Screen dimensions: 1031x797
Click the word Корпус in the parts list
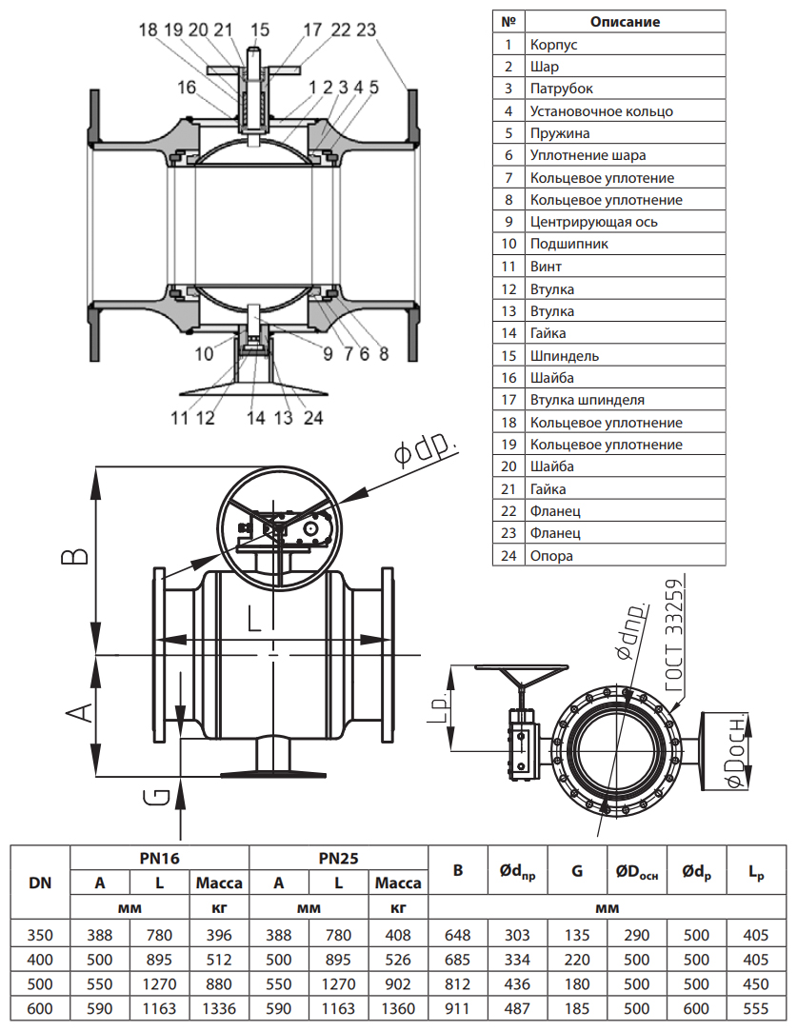coord(553,44)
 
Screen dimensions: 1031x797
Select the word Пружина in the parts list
coord(560,133)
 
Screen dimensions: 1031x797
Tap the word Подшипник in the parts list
coord(569,244)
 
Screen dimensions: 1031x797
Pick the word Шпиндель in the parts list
coord(565,355)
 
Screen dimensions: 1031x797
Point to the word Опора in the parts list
coord(551,555)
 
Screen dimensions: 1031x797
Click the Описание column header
coord(625,21)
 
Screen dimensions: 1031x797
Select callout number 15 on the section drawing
coord(260,30)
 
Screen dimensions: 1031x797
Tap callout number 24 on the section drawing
coord(313,417)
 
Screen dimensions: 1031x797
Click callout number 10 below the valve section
coord(204,354)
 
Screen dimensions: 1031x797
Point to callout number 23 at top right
coord(366,30)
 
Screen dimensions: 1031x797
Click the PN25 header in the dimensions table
coord(338,858)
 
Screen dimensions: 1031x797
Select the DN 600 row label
coord(40,1007)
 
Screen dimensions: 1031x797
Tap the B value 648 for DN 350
coord(458,935)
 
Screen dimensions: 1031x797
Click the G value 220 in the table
coord(577,959)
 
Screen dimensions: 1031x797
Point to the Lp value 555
coord(754,1007)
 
